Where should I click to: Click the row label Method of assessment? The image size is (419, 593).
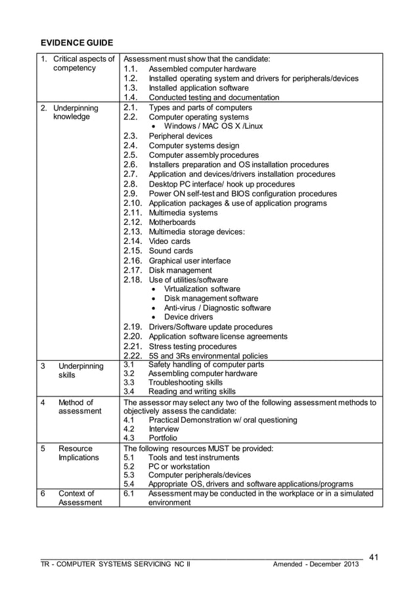[x=77, y=407]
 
